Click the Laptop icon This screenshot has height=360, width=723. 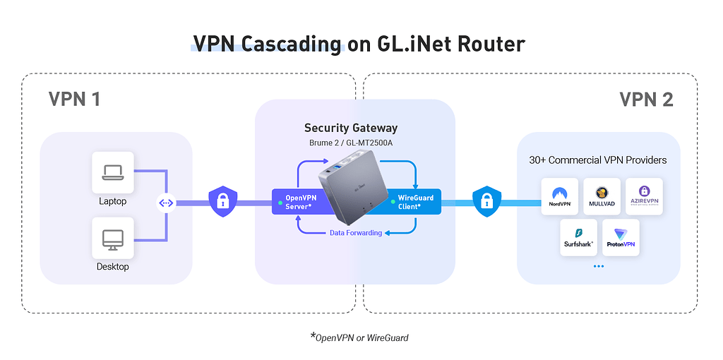(112, 172)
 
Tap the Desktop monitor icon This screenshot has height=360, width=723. (112, 238)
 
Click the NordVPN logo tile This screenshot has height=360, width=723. (559, 196)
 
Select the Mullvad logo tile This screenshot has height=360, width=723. (602, 196)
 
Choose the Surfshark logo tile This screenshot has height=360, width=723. (578, 237)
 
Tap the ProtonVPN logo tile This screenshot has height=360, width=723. (621, 237)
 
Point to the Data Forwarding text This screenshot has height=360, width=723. (356, 233)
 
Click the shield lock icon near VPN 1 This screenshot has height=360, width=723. (223, 201)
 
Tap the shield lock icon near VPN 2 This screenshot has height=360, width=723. (486, 201)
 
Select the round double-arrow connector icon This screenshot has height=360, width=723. (166, 203)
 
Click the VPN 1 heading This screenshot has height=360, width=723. (73, 99)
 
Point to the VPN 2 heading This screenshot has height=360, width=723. (645, 99)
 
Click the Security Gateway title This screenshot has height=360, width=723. (350, 128)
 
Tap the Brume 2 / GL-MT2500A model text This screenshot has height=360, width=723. (350, 143)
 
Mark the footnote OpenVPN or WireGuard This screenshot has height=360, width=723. (361, 337)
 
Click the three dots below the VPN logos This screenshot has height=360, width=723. (599, 266)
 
